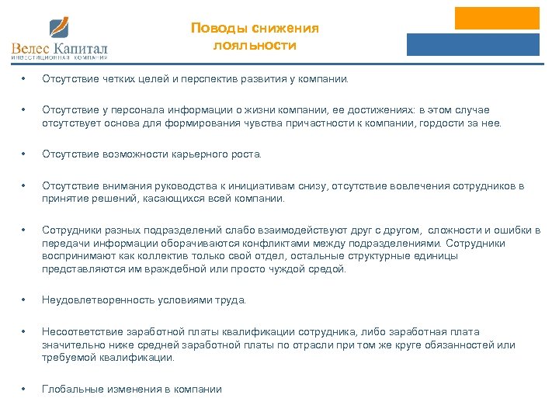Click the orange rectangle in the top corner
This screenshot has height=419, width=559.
497,19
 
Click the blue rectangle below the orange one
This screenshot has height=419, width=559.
473,45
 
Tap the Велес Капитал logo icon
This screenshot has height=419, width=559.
60,28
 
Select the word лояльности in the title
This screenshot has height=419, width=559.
255,45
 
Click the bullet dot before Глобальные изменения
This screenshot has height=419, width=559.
25,390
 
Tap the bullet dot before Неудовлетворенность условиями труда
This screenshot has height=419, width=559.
25,300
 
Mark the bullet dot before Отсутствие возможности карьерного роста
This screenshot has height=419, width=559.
25,154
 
